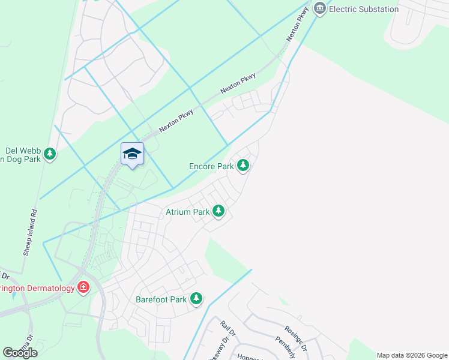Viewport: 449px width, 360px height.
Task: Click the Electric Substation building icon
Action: [319, 9]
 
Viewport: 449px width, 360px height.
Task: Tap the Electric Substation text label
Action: [364, 9]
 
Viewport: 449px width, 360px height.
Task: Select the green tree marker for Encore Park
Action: [243, 165]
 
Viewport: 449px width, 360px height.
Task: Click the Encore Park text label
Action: [211, 166]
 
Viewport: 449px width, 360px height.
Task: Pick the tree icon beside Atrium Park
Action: [219, 211]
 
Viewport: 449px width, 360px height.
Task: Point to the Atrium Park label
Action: [188, 212]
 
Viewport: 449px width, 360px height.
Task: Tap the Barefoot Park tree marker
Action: [196, 298]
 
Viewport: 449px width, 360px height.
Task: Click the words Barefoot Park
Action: [161, 298]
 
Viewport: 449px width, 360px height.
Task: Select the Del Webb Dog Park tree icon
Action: [50, 154]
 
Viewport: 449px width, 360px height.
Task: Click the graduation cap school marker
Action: [132, 154]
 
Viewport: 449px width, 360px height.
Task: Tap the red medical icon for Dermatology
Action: [83, 288]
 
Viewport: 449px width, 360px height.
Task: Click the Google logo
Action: [20, 352]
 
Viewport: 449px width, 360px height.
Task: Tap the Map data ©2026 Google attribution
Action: [412, 355]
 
